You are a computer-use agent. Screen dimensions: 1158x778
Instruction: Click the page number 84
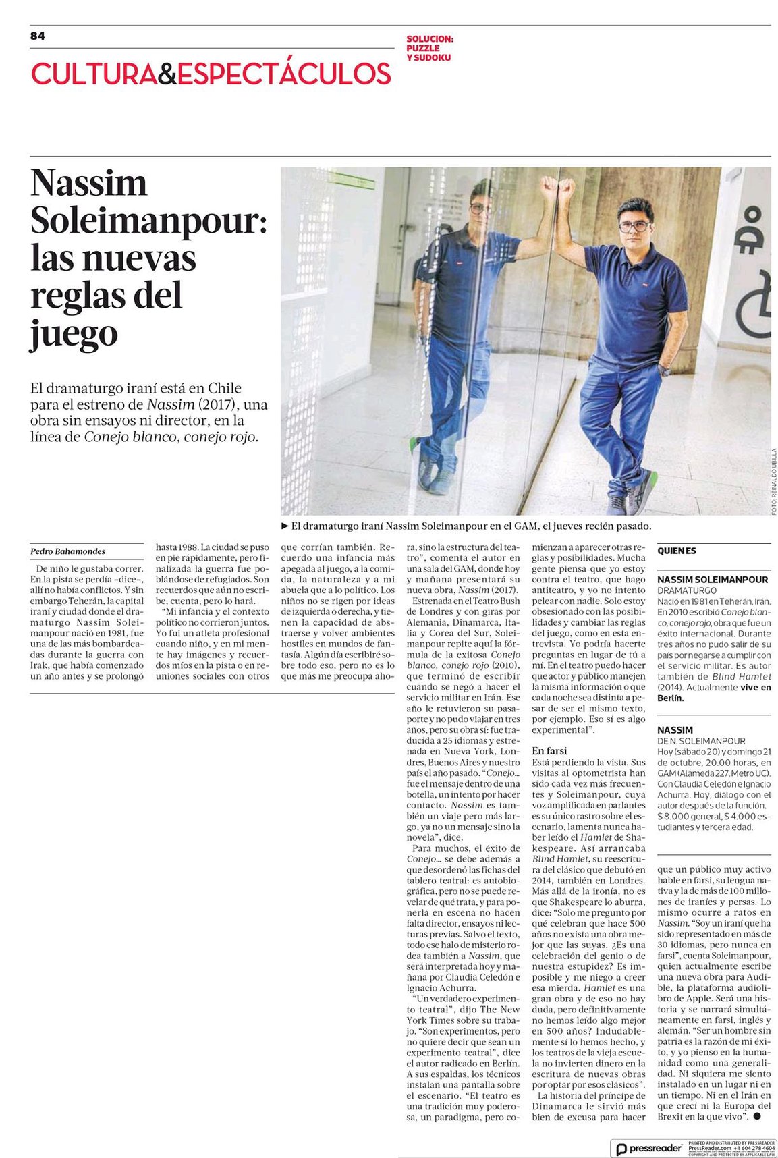coord(38,36)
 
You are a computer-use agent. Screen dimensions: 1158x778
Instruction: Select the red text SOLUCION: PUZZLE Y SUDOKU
coord(429,49)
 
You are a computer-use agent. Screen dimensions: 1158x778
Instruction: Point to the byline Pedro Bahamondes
coord(68,551)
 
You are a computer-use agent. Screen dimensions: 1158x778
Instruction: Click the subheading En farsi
coord(549,750)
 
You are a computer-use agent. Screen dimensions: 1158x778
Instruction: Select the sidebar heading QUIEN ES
coord(677,551)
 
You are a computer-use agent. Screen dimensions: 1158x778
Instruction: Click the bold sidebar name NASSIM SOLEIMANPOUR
coord(712,579)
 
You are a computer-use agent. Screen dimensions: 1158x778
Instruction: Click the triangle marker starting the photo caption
coord(285,526)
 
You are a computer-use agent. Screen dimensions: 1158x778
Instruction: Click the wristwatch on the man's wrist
coord(665,370)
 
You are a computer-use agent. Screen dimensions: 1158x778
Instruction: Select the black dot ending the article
coord(757,1116)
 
